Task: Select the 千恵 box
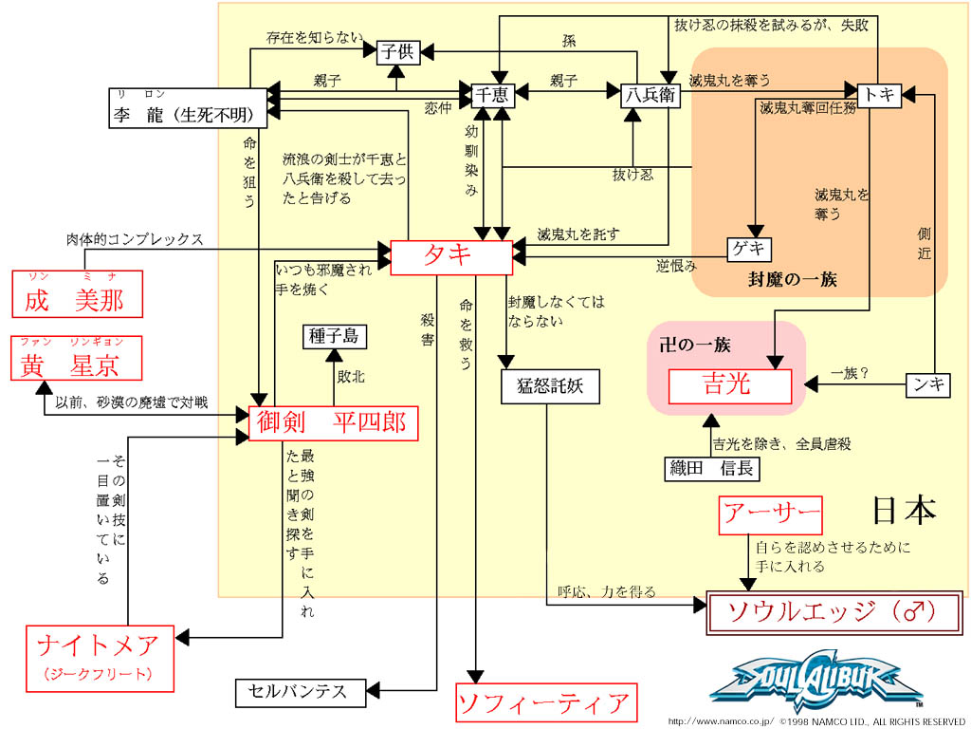pos(491,95)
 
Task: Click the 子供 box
pos(398,52)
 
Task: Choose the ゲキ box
pos(749,250)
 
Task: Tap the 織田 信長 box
pos(711,469)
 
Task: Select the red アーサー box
pos(770,515)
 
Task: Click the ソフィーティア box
pos(544,703)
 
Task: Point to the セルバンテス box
pos(299,692)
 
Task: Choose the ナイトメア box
pos(101,657)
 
